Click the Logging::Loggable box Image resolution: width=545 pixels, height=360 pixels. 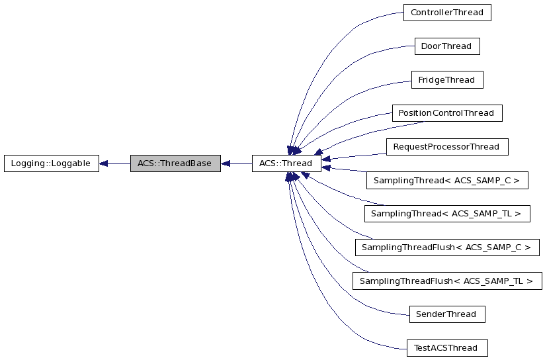(x=51, y=163)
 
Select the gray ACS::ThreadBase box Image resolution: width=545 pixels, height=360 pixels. (x=175, y=163)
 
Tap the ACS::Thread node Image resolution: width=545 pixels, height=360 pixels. (x=286, y=163)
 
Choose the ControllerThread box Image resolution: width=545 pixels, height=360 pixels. (x=446, y=13)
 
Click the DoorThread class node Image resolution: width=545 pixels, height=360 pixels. (x=446, y=46)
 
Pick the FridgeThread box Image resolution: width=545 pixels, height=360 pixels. (x=446, y=80)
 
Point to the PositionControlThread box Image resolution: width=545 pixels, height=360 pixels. (x=446, y=113)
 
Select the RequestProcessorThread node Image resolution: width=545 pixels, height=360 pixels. (x=446, y=146)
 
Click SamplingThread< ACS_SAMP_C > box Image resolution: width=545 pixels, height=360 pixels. (x=446, y=180)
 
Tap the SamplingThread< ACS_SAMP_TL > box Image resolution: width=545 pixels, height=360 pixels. (x=446, y=214)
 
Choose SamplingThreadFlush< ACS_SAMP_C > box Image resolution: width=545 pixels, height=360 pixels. (x=446, y=247)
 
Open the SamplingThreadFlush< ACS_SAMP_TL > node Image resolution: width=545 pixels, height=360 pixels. (x=446, y=281)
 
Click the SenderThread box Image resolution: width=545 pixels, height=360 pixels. (x=446, y=314)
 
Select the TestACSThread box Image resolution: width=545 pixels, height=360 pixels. (x=446, y=348)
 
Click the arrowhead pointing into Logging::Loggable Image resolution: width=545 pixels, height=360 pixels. (x=104, y=163)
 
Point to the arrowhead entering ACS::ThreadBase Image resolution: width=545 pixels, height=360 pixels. (x=226, y=163)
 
